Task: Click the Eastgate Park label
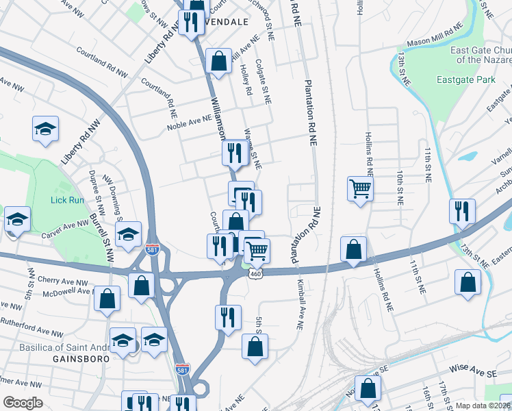click(x=465, y=80)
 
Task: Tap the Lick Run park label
click(x=67, y=200)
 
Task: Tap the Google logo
click(x=23, y=403)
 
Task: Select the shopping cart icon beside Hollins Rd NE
click(x=360, y=188)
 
